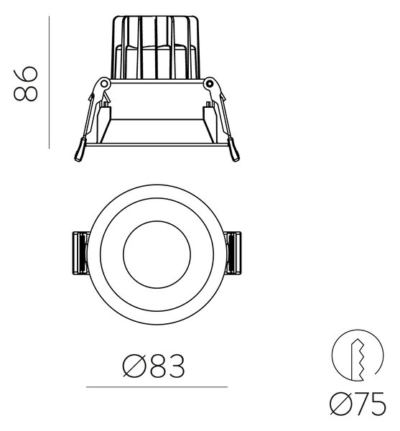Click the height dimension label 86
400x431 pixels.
[x=25, y=83]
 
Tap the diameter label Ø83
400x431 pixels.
[x=154, y=366]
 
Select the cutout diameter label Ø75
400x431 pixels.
[x=358, y=404]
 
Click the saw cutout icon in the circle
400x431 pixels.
[x=358, y=355]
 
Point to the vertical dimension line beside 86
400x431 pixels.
[x=49, y=82]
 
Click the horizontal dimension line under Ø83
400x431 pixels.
[x=157, y=386]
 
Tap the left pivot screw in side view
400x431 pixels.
[x=104, y=83]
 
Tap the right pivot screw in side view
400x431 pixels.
[x=210, y=83]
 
